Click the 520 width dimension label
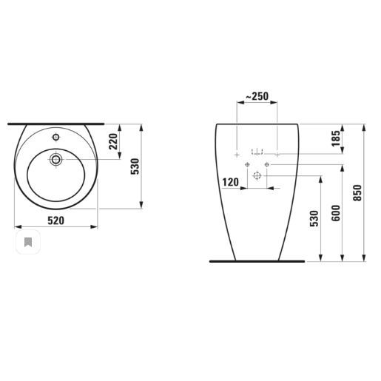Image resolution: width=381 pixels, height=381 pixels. (56, 220)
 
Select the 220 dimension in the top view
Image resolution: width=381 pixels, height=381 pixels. (114, 141)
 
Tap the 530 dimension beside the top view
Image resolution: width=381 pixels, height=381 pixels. (135, 167)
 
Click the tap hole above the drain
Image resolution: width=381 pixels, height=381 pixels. (55, 138)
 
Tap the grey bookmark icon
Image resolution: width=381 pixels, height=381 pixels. (27, 242)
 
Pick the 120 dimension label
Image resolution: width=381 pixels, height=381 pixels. (230, 182)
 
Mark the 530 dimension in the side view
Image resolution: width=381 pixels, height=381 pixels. (314, 220)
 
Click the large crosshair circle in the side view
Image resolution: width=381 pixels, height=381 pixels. (257, 176)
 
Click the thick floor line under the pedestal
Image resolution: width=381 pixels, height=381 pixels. (257, 261)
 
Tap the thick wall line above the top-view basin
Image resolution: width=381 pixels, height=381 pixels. (55, 124)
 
